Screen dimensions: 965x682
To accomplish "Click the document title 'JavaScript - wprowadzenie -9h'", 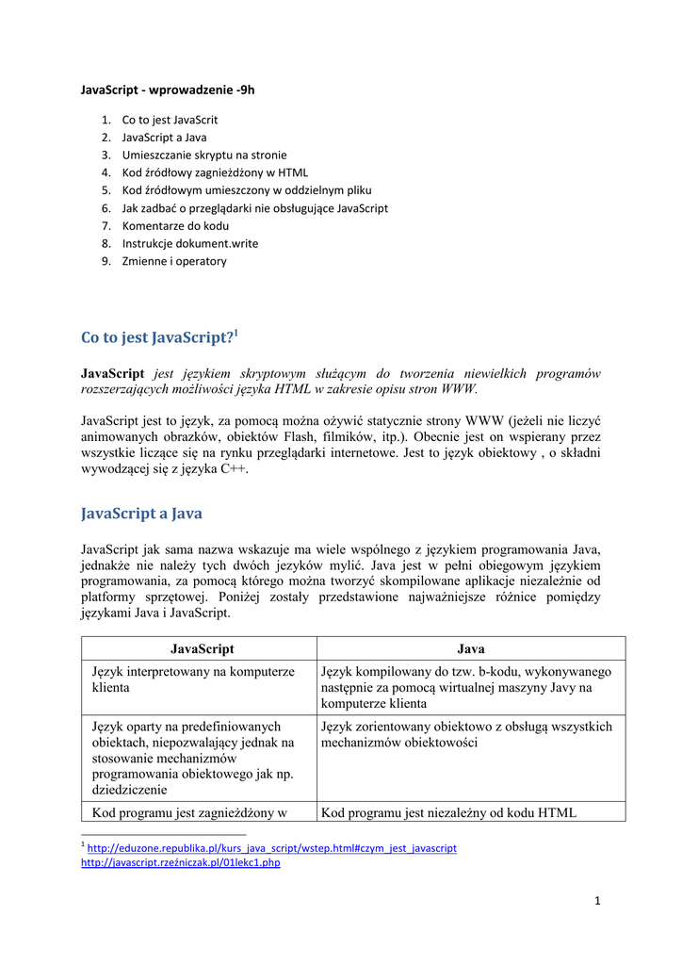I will pyautogui.click(x=168, y=90).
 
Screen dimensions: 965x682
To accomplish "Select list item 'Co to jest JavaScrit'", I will pyautogui.click(x=170, y=120).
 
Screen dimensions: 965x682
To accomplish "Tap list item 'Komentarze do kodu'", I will pyautogui.click(x=175, y=225).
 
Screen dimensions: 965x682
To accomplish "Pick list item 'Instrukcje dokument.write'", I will pyautogui.click(x=189, y=243).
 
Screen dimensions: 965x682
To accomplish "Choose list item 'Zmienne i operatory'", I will pyautogui.click(x=174, y=261).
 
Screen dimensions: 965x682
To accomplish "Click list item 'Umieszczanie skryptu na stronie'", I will pyautogui.click(x=204, y=155).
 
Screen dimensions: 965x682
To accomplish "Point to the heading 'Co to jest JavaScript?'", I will pyautogui.click(x=157, y=337).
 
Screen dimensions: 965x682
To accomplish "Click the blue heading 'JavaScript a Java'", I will pyautogui.click(x=141, y=514).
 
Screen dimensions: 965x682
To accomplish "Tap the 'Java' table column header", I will pyautogui.click(x=471, y=649).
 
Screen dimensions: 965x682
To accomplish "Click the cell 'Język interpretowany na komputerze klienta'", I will pyautogui.click(x=193, y=679).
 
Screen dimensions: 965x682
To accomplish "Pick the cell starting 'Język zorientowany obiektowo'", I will pyautogui.click(x=466, y=734).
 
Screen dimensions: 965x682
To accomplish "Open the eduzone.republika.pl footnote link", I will pyautogui.click(x=271, y=848).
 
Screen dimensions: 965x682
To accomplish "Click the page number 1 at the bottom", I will pyautogui.click(x=597, y=901).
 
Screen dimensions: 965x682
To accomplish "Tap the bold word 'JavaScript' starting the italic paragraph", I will pyautogui.click(x=113, y=374).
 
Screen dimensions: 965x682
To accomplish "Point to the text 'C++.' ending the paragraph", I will pyautogui.click(x=235, y=469).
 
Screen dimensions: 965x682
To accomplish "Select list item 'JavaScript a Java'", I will pyautogui.click(x=164, y=138).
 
